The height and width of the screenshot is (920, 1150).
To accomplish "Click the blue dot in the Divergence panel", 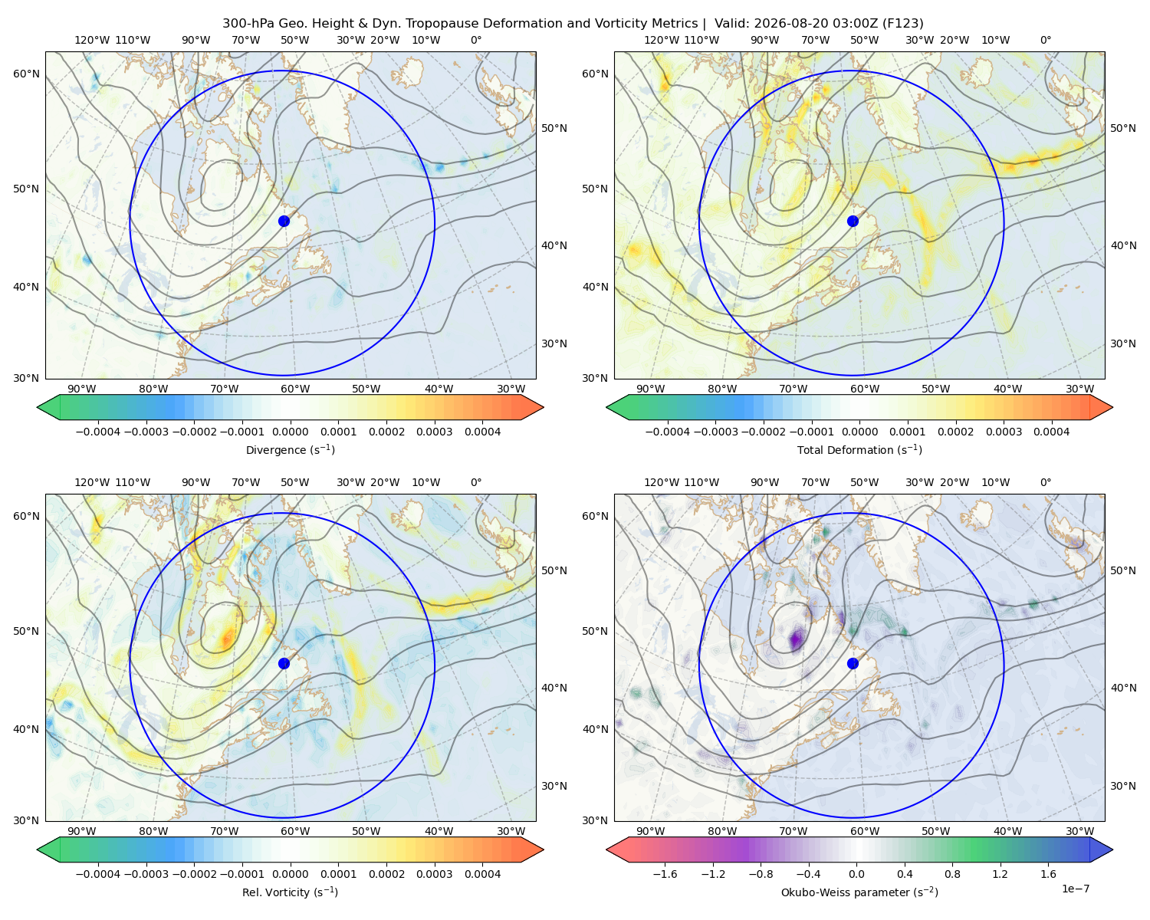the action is click(x=284, y=221).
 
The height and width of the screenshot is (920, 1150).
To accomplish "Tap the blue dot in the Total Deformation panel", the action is click(x=853, y=221).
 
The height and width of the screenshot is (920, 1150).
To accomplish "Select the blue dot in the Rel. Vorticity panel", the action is click(x=284, y=663).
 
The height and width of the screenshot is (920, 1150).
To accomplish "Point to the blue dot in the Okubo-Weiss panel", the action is click(x=853, y=663).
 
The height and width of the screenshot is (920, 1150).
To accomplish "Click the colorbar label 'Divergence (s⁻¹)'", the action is click(x=290, y=449).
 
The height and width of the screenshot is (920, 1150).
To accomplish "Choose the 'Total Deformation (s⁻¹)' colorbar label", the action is click(x=859, y=449).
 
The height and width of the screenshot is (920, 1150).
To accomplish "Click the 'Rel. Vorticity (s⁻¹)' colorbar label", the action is click(x=290, y=892).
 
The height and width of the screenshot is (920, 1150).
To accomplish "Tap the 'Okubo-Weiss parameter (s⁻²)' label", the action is click(x=859, y=892).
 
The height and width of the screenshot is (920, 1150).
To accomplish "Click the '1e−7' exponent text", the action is click(x=1075, y=889).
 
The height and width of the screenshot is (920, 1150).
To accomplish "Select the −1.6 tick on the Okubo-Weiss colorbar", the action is click(x=665, y=873).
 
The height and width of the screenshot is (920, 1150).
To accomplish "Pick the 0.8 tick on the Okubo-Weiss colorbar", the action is click(x=952, y=873).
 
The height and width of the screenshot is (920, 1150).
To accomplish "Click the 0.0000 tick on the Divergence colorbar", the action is click(x=290, y=432).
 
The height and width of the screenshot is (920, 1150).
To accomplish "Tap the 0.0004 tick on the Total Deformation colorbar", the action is click(x=1051, y=432).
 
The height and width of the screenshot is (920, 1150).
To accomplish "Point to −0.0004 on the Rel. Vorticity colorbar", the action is click(x=98, y=873).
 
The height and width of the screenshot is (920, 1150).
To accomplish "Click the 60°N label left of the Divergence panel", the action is click(x=26, y=74).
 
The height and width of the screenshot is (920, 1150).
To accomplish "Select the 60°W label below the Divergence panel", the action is click(x=295, y=389).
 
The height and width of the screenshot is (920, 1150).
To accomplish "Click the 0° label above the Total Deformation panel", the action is click(x=1045, y=40).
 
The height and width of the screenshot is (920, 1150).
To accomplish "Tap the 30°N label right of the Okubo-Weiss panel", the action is click(x=1122, y=785).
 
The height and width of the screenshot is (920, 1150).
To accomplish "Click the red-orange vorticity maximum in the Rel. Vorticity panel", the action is click(x=227, y=637).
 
